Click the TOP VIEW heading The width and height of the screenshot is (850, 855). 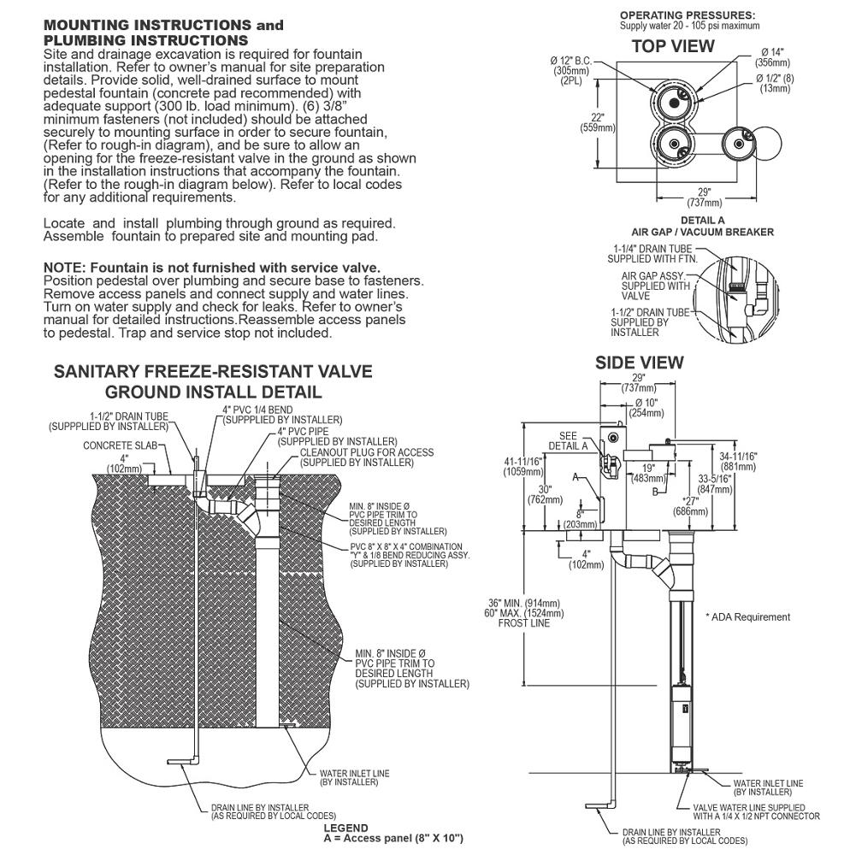click(673, 46)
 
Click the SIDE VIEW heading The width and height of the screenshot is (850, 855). click(639, 363)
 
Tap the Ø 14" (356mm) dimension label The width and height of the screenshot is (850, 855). click(773, 57)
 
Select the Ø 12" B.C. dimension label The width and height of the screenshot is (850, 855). click(571, 61)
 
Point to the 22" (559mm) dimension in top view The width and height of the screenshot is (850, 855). click(598, 122)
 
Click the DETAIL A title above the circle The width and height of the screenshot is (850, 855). click(703, 221)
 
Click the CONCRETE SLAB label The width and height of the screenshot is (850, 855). click(120, 445)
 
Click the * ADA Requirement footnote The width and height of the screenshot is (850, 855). click(747, 616)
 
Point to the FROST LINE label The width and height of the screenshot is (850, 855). click(524, 622)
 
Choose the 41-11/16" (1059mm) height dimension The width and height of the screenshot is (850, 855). click(522, 467)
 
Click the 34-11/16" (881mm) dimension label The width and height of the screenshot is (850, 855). click(738, 462)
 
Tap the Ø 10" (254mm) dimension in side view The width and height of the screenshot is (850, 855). click(646, 407)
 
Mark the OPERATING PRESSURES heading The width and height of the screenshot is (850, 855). click(688, 15)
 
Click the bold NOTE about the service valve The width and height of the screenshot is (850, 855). click(212, 267)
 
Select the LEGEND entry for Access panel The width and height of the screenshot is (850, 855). click(393, 838)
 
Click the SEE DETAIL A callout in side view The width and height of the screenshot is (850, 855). click(568, 440)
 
